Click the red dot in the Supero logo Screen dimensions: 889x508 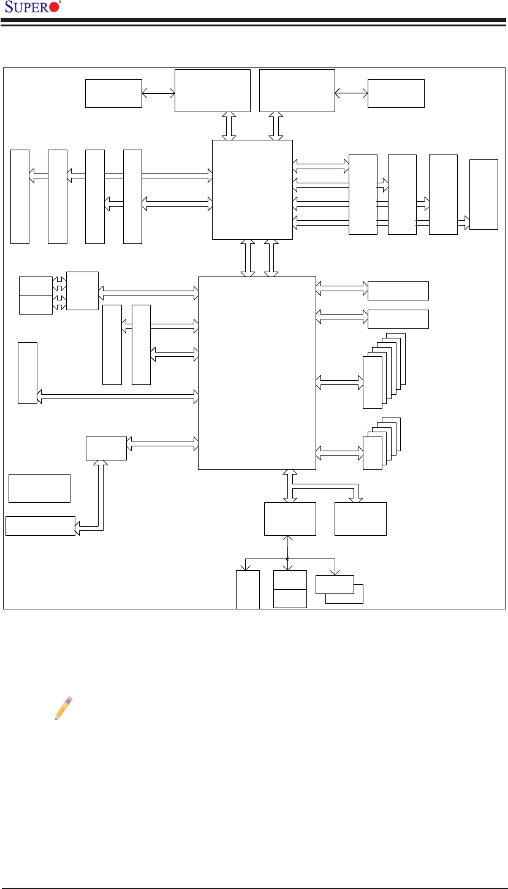pyautogui.click(x=54, y=8)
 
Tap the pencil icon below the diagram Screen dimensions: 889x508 pyautogui.click(x=63, y=708)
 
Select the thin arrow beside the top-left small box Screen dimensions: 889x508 pyautogui.click(x=158, y=94)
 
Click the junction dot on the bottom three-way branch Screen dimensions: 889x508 pyautogui.click(x=287, y=559)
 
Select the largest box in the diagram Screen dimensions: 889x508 pyautogui.click(x=257, y=373)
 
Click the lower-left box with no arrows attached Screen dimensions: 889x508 pyautogui.click(x=40, y=488)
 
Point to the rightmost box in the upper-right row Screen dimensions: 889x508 pyautogui.click(x=483, y=194)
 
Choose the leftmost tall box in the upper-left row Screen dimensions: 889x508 pyautogui.click(x=20, y=196)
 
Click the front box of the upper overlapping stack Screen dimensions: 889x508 pyautogui.click(x=372, y=382)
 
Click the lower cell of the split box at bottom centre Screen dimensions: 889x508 pyautogui.click(x=290, y=598)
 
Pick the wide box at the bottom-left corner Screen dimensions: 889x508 pyautogui.click(x=40, y=526)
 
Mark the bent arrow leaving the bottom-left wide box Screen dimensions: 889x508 pyautogui.click(x=98, y=497)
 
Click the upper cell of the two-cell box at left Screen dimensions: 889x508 pyautogui.click(x=36, y=286)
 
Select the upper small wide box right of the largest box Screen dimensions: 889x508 pyautogui.click(x=398, y=291)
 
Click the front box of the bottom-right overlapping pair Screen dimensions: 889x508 pyautogui.click(x=335, y=585)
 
